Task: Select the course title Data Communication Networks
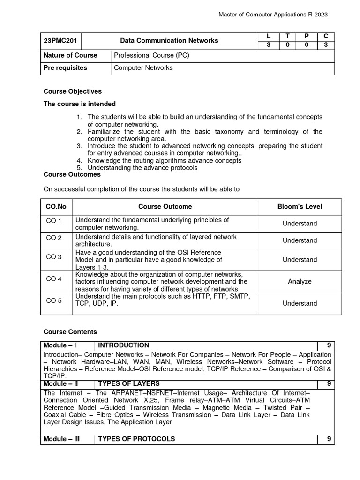click(169, 41)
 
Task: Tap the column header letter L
click(268, 36)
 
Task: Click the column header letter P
click(306, 36)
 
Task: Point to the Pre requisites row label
click(65, 68)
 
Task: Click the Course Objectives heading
click(73, 91)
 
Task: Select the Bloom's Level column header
click(300, 206)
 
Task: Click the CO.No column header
click(56, 206)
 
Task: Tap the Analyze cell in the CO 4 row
click(300, 282)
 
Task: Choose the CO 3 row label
click(54, 257)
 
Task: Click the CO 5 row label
click(54, 300)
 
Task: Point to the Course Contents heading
click(70, 332)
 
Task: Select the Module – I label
click(60, 345)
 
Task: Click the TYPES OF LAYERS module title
click(129, 383)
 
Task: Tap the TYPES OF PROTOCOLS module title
click(136, 439)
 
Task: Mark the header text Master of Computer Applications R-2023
click(273, 15)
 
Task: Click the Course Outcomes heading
click(72, 174)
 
